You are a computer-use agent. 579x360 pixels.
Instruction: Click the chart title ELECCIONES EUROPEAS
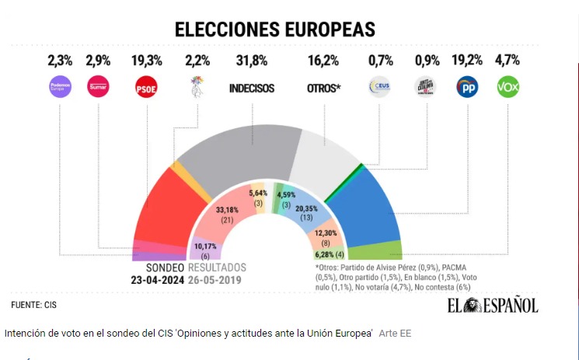[x=274, y=30]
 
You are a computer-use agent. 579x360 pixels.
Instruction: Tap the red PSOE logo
[x=147, y=87]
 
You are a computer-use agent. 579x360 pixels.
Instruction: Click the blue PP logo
[x=467, y=87]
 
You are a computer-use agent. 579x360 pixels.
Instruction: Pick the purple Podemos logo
[x=60, y=87]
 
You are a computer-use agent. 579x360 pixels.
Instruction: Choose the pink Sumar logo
[x=99, y=87]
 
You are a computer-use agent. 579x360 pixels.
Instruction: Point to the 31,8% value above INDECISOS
[x=252, y=61]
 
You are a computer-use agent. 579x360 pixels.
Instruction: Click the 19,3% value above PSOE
[x=147, y=61]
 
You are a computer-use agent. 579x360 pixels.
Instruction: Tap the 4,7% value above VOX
[x=507, y=61]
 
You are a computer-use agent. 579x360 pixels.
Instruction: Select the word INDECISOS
[x=252, y=88]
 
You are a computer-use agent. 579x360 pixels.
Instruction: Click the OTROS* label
[x=323, y=88]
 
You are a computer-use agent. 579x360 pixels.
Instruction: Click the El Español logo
[x=491, y=305]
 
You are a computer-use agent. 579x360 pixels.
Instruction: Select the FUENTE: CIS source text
[x=34, y=304]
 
